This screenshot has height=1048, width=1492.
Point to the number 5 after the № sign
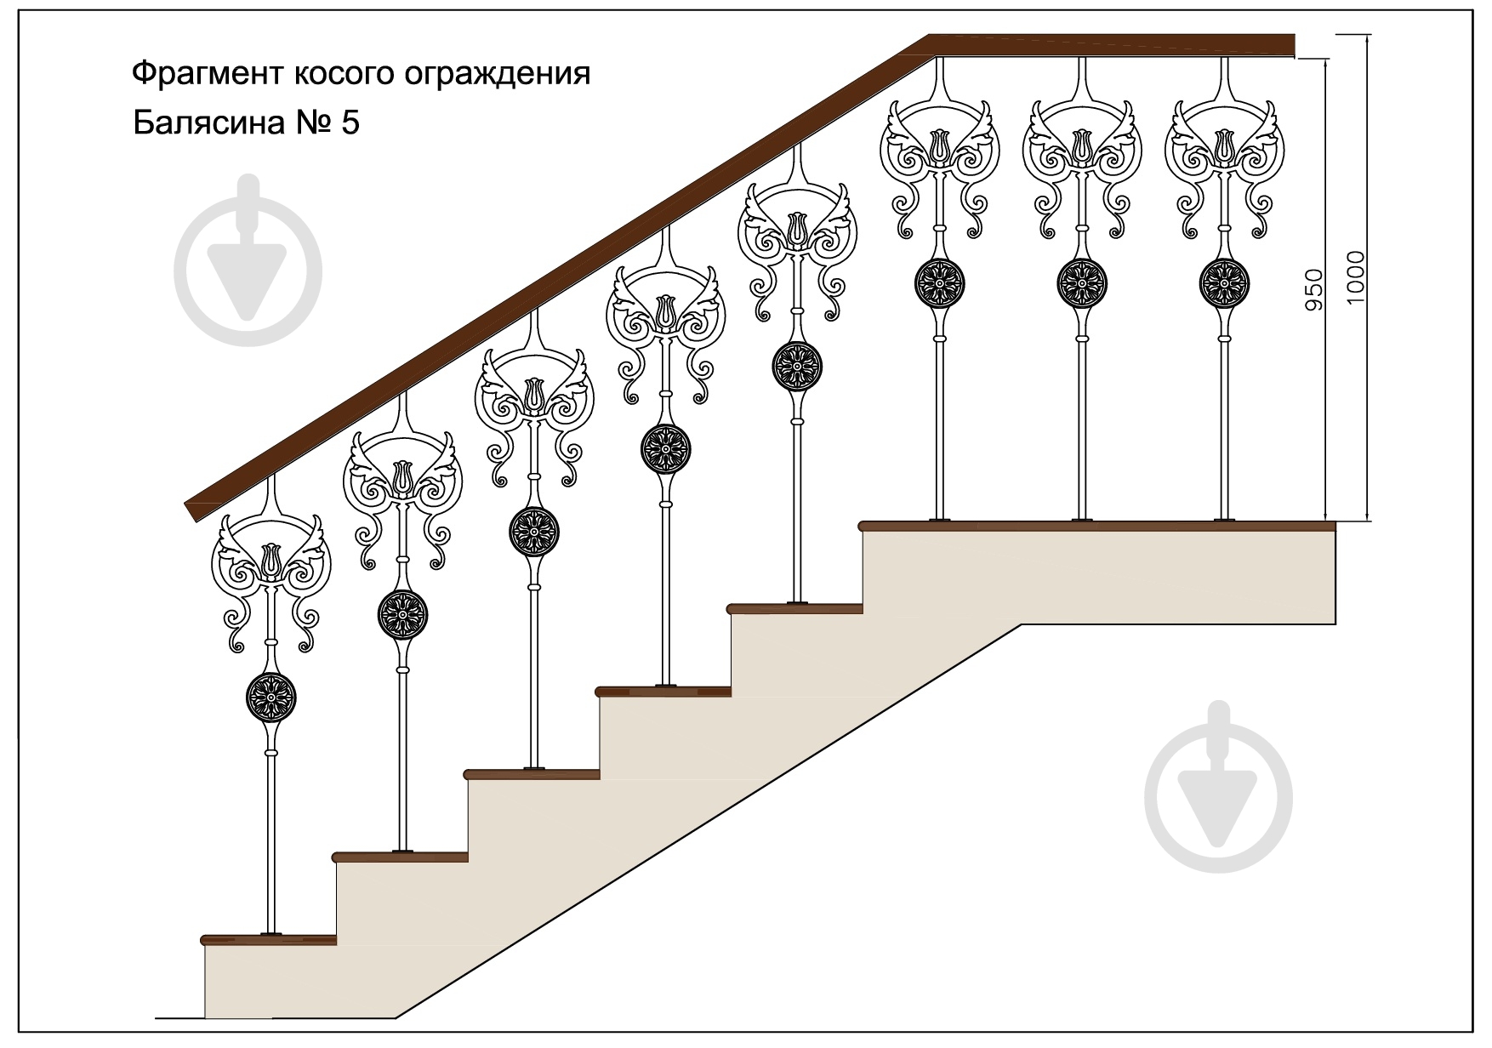[x=350, y=123]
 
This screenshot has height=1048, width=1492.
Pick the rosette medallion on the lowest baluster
[x=270, y=697]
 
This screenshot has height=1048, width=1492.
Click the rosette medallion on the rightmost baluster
[x=1225, y=281]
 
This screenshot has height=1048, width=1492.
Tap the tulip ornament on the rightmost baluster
[x=1225, y=145]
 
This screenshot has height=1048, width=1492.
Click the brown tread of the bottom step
[x=270, y=940]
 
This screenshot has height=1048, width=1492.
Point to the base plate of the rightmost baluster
[x=1225, y=519]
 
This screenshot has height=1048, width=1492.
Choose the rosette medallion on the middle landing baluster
[x=1082, y=281]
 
